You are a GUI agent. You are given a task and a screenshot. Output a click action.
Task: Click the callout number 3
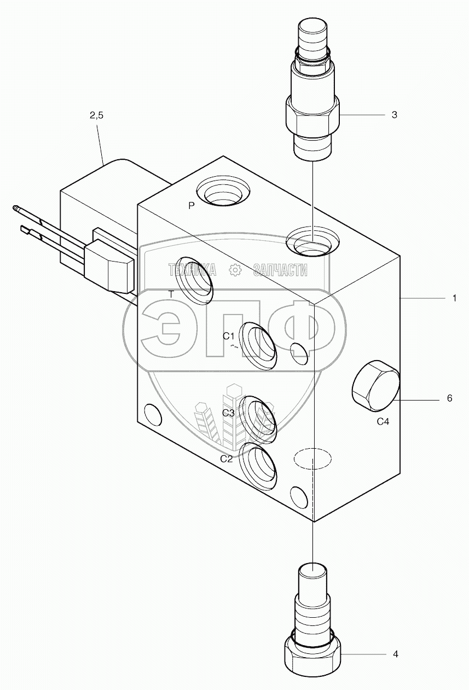(x=394, y=115)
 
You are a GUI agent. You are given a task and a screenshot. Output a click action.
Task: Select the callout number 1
(x=454, y=298)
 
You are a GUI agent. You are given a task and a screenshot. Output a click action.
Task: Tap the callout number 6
(x=449, y=398)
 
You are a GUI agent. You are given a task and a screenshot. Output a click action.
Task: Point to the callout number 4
(x=395, y=654)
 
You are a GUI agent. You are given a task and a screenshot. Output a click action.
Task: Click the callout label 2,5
(x=96, y=115)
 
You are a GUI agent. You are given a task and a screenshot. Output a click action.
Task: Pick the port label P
(x=191, y=206)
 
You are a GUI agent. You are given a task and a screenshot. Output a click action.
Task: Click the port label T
(x=171, y=294)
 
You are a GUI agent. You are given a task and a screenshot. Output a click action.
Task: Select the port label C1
(x=229, y=336)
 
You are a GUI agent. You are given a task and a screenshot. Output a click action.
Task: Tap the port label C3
(x=228, y=413)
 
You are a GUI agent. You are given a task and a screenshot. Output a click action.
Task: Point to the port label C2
(x=227, y=459)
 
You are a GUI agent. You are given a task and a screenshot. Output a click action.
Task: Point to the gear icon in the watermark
(x=235, y=269)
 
